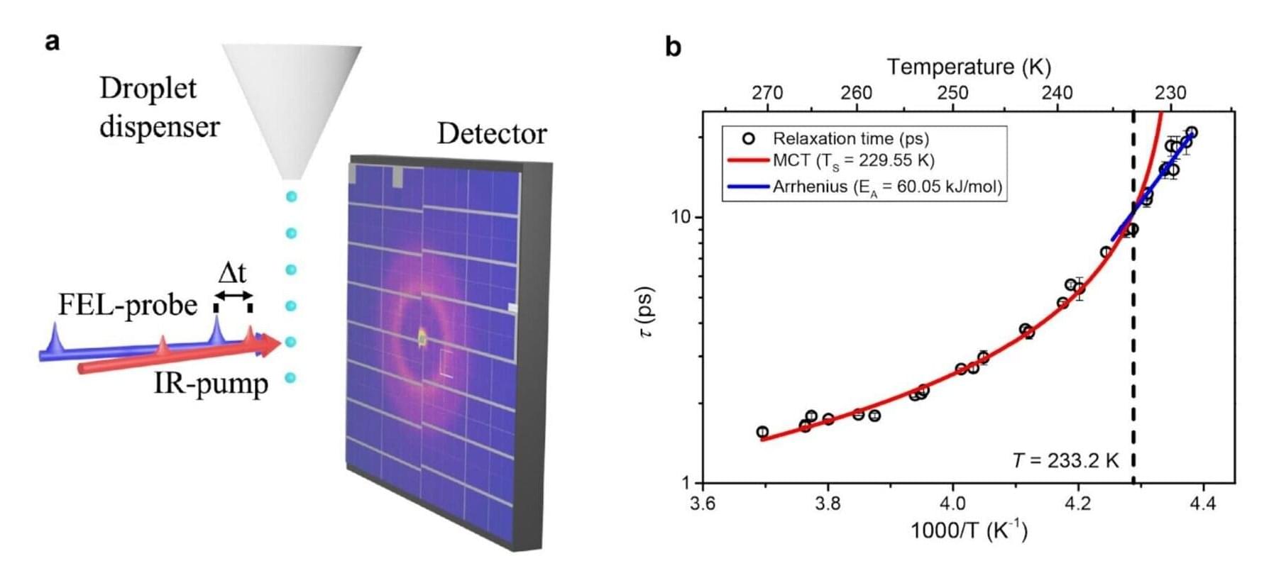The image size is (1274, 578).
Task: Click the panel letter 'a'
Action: point(52,42)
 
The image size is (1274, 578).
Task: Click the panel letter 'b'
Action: point(673,47)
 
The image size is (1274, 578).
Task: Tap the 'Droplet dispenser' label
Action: point(159,107)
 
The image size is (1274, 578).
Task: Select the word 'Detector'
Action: point(491,133)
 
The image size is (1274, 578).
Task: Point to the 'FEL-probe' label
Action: point(128,305)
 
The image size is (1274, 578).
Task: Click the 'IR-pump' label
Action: point(211,384)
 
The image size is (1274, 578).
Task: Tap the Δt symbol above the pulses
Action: point(232,273)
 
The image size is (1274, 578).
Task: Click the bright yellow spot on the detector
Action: point(422,338)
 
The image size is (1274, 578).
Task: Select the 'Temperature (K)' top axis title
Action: point(969,67)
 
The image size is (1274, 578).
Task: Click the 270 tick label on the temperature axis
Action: point(767,93)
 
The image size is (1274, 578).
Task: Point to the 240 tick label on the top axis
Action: point(1057,93)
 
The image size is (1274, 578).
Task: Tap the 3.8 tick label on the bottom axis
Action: point(828,504)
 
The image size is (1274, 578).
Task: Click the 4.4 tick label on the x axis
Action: point(1203,504)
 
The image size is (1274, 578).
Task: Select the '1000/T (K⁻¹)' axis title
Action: point(969,530)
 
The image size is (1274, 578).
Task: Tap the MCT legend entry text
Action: point(853,160)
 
